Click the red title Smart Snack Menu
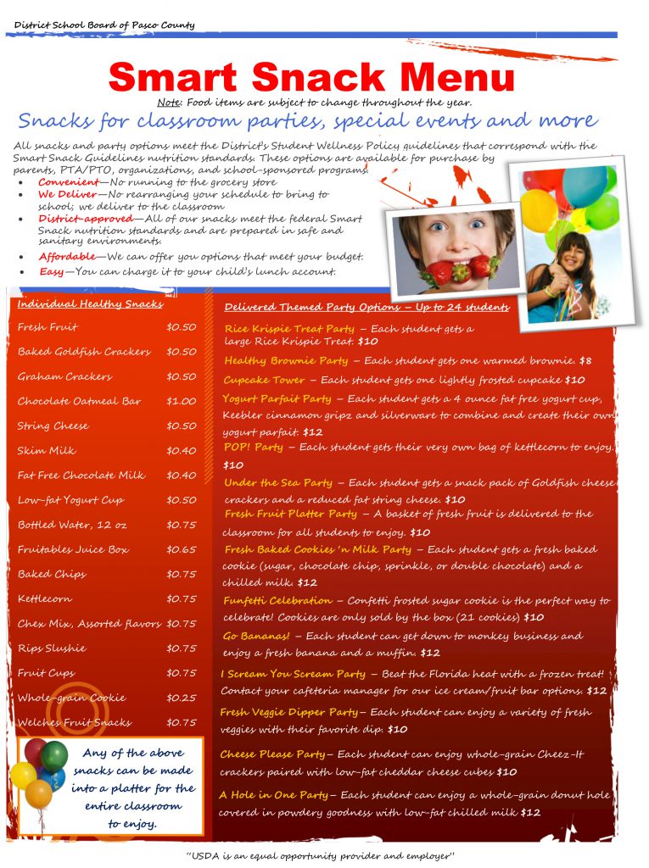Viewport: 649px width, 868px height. click(x=311, y=78)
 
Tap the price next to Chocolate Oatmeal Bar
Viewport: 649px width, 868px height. click(x=181, y=401)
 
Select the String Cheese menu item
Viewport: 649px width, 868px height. click(x=53, y=426)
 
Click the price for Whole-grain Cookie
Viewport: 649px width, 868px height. click(x=181, y=698)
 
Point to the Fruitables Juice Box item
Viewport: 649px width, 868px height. click(x=73, y=549)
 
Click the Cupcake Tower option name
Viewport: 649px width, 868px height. click(x=264, y=380)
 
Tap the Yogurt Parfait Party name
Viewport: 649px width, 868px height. click(x=277, y=398)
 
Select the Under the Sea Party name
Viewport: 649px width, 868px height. click(x=278, y=482)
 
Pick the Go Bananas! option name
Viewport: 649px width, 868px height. click(x=256, y=636)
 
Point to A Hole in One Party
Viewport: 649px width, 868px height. click(x=273, y=795)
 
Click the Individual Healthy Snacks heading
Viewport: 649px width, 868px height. click(x=90, y=304)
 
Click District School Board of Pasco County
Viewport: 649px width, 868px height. click(x=104, y=25)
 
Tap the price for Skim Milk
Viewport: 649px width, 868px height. click(x=181, y=451)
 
